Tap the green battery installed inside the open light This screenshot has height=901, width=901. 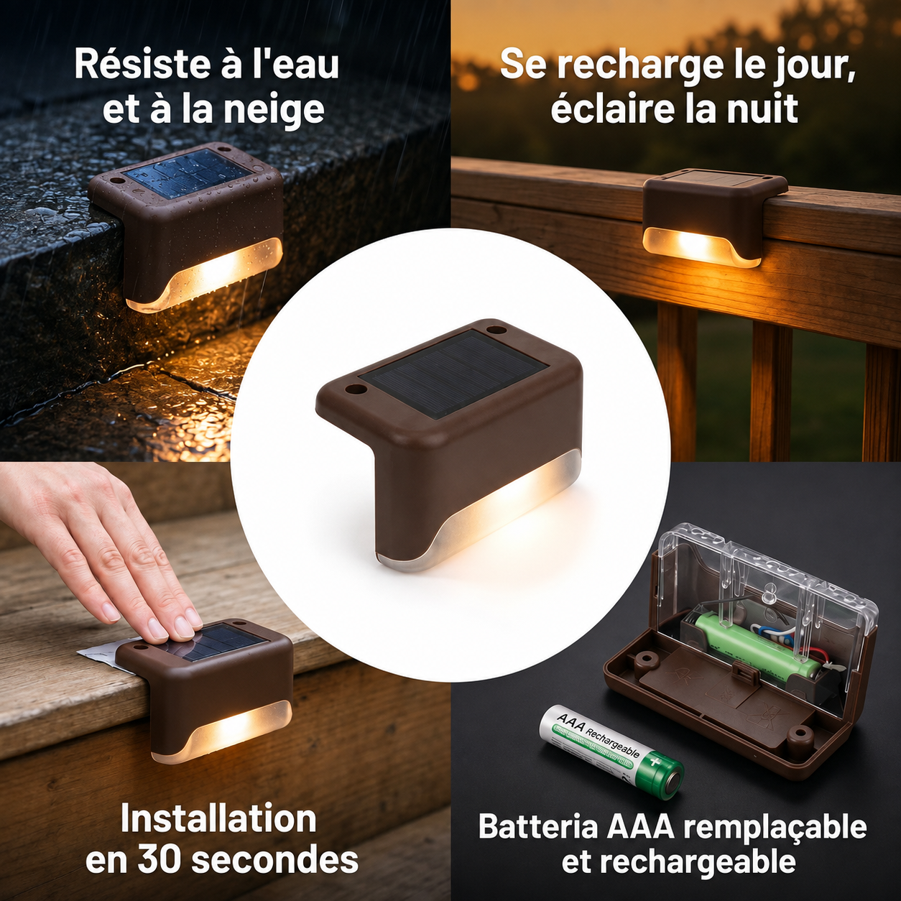757,646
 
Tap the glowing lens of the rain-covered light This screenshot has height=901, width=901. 205,275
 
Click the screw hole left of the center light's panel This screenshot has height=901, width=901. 355,389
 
